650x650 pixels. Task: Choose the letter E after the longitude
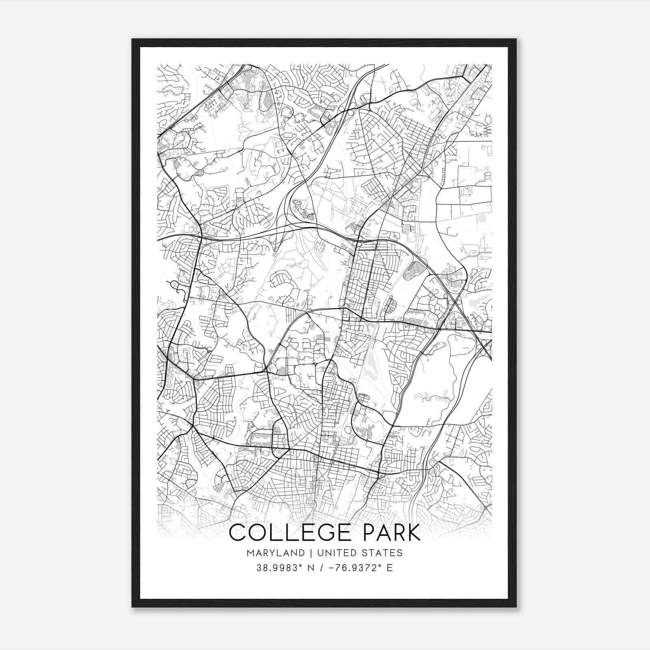390,568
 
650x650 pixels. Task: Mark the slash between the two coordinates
322,568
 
